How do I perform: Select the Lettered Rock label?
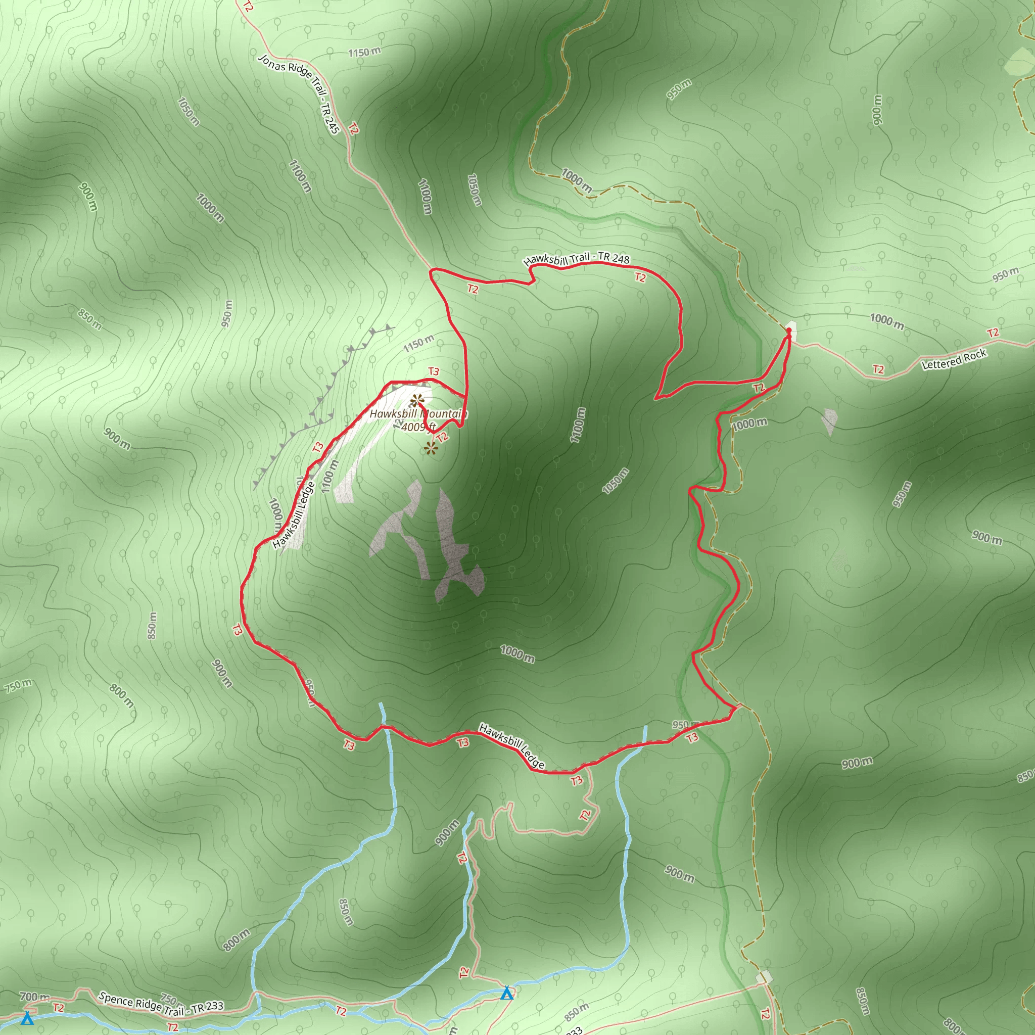[954, 359]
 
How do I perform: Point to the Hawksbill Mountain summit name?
[418, 413]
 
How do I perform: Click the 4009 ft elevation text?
[418, 427]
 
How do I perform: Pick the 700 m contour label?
[34, 997]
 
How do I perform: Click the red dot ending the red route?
[788, 330]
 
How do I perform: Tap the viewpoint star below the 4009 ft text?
[430, 448]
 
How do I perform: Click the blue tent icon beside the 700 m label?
[27, 1018]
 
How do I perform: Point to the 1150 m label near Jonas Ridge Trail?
[364, 52]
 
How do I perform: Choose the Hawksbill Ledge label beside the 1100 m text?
[293, 515]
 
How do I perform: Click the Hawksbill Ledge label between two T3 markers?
[511, 746]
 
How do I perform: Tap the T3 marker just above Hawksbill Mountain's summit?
[434, 371]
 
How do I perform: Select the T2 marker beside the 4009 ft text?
[442, 437]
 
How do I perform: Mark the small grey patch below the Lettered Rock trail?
[829, 421]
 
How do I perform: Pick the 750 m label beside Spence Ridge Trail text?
[170, 1000]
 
